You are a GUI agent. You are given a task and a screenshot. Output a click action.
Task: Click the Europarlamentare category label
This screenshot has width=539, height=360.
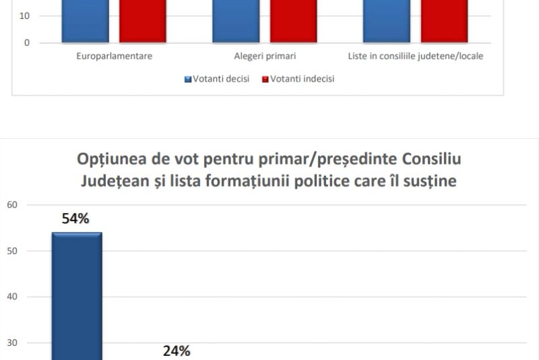coord(114,56)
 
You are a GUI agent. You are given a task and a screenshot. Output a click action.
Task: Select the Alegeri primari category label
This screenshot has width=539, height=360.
coord(265,56)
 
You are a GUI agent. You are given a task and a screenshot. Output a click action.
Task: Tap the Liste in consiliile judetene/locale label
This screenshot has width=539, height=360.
coord(416,56)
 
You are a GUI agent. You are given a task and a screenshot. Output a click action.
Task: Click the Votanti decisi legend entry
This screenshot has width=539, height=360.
coord(217,79)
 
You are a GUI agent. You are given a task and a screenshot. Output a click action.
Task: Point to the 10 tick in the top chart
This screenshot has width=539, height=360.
coord(25,16)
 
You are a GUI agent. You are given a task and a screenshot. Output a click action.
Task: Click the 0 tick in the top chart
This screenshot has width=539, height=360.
coord(27,42)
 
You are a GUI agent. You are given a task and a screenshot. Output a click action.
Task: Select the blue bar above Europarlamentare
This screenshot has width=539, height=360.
coord(85,21)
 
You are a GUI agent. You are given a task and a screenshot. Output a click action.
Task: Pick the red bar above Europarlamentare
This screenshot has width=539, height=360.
coord(143,21)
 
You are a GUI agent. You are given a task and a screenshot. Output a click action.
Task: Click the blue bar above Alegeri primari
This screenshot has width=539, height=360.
coord(236,21)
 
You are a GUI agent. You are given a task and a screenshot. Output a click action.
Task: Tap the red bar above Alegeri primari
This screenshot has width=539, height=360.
coord(294,21)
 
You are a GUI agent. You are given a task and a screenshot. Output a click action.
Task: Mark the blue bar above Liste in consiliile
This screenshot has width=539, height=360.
coord(387,21)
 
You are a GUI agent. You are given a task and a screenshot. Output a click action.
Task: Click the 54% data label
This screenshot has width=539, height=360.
coord(77,219)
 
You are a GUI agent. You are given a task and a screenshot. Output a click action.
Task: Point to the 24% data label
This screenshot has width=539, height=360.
coord(177,351)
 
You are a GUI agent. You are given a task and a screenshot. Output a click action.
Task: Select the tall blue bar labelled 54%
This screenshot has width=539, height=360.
coord(77,297)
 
